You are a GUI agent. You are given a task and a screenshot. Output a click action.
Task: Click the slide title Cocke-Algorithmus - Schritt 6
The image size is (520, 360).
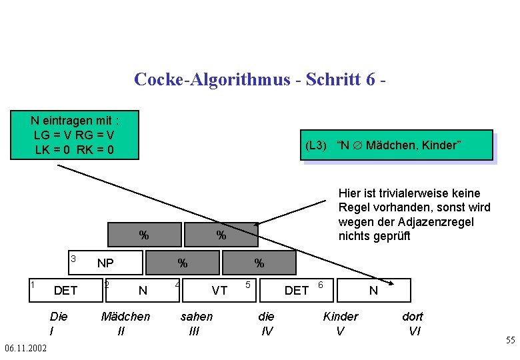click(x=260, y=79)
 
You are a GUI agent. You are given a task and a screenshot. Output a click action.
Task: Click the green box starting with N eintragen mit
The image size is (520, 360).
click(x=75, y=135)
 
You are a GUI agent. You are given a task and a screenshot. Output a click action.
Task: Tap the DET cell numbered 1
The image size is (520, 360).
click(x=65, y=290)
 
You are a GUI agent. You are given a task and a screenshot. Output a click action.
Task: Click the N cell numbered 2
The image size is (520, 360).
click(x=142, y=290)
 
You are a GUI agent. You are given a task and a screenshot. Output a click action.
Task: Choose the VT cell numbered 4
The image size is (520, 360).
click(x=219, y=290)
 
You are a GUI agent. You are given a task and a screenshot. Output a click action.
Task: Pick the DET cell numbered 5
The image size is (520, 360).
click(x=296, y=290)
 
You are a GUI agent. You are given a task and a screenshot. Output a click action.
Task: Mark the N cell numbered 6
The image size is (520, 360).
click(x=373, y=290)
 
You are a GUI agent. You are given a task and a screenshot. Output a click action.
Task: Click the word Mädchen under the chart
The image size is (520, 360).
click(x=125, y=316)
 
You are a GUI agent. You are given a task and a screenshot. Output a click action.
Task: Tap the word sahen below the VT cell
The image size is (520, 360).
click(x=197, y=316)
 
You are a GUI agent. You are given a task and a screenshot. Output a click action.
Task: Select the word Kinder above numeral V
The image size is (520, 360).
click(x=340, y=316)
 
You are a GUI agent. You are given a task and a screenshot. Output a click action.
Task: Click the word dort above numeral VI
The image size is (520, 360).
click(x=413, y=316)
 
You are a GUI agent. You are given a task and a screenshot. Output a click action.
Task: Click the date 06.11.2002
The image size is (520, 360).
click(x=25, y=348)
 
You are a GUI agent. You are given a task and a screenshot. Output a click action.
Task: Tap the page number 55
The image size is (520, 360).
click(x=510, y=341)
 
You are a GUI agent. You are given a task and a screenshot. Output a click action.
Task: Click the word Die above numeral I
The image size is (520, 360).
click(x=58, y=316)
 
